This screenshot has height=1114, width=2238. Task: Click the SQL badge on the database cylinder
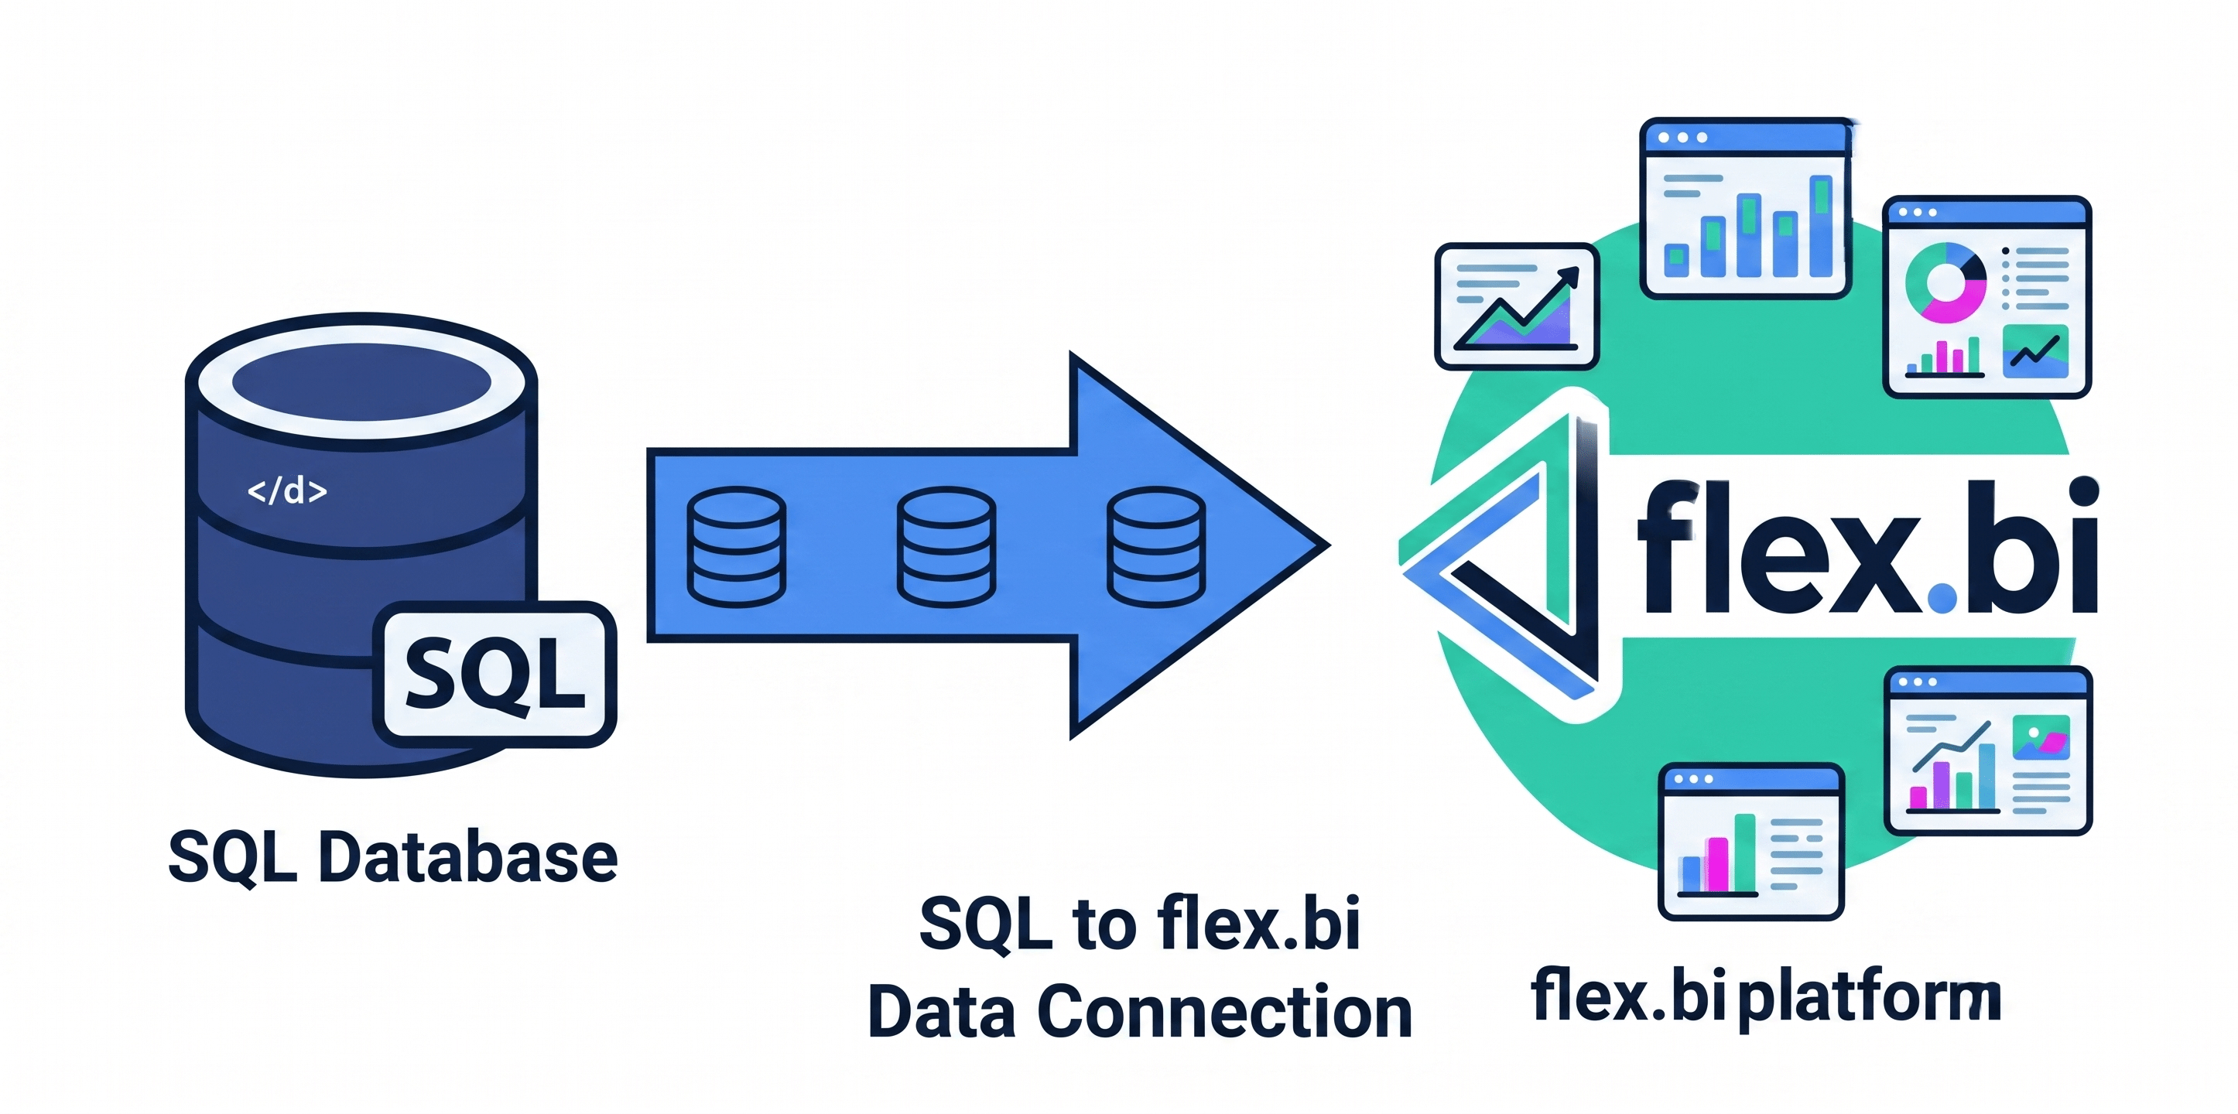494,675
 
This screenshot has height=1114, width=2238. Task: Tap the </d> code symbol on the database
286,491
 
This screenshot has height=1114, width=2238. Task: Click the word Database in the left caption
468,858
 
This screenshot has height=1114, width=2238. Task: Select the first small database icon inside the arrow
736,546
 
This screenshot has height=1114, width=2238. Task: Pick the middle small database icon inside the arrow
946,546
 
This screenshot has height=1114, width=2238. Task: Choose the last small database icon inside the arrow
1155,546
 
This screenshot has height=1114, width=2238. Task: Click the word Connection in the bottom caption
1225,1013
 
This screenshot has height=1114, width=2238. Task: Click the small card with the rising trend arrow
1516,306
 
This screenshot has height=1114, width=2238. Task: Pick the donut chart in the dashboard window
1945,282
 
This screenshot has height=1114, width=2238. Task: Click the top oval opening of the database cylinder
361,382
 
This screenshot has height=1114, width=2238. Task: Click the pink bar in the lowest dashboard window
1716,864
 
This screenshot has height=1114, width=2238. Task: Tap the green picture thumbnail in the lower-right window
2041,738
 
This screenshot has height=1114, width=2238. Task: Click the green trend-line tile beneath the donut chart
2034,352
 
